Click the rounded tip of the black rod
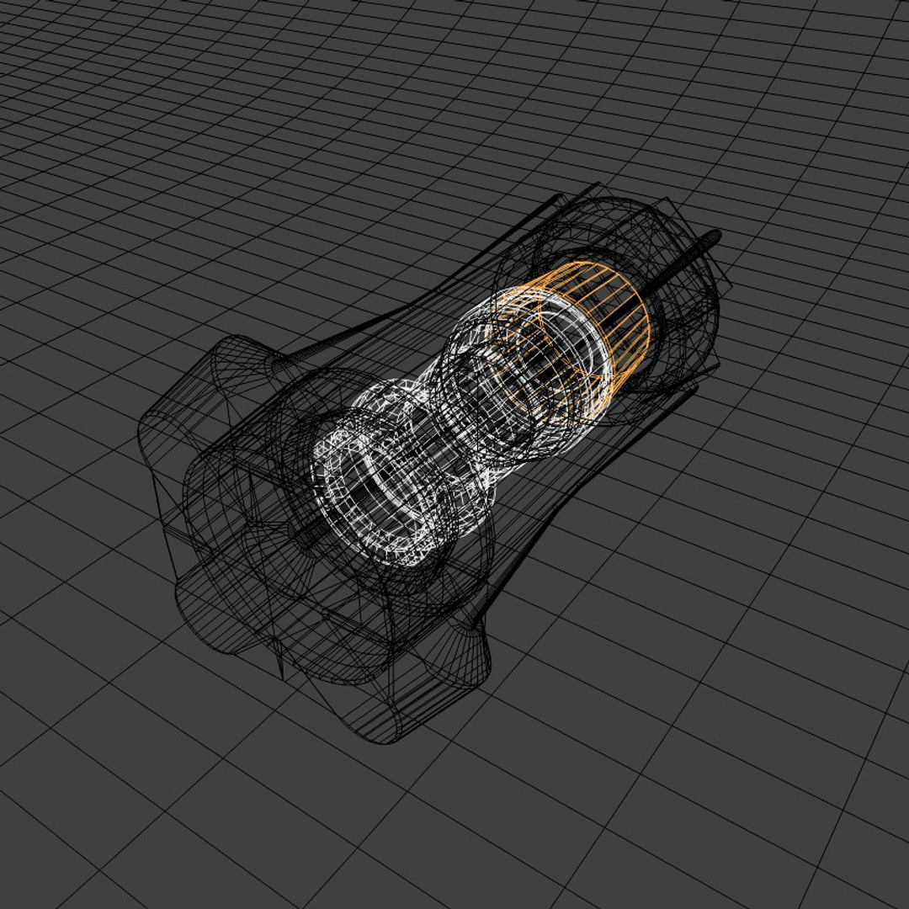(x=715, y=236)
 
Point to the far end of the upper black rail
(x=560, y=199)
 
